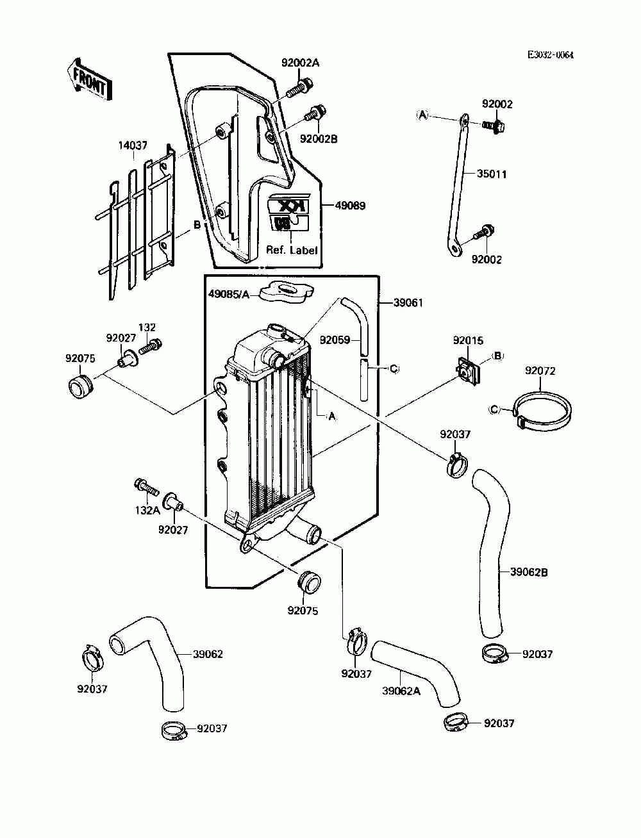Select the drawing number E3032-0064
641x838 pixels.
click(x=550, y=55)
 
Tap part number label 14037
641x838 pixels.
click(x=133, y=145)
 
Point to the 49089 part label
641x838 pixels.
click(x=350, y=206)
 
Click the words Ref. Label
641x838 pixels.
click(x=292, y=250)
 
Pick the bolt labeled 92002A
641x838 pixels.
click(x=299, y=88)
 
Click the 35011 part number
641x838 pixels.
click(x=492, y=174)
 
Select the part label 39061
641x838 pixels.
click(x=408, y=303)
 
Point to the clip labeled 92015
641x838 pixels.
click(x=469, y=370)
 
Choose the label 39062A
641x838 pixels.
click(x=401, y=691)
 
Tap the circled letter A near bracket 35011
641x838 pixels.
click(x=422, y=115)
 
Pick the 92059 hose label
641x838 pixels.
click(x=335, y=340)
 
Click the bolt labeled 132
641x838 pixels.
click(x=151, y=346)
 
